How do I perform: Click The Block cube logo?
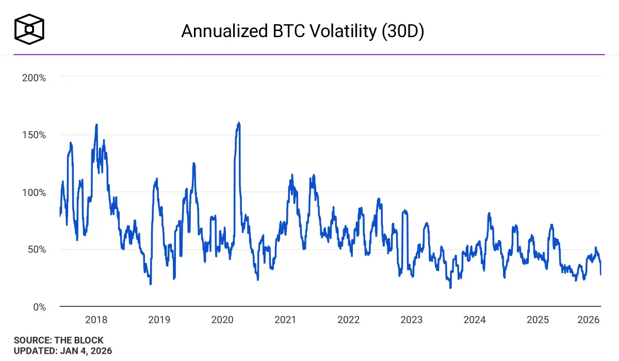point(29,28)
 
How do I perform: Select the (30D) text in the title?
point(402,31)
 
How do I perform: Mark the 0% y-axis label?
point(40,307)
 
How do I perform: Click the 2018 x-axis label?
point(96,320)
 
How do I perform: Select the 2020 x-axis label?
point(222,320)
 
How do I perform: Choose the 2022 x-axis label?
point(348,320)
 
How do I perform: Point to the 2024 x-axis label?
point(475,320)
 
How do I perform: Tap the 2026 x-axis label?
point(589,320)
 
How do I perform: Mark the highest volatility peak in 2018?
point(96,124)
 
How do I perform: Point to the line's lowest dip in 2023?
point(450,287)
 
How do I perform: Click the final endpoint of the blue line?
point(601,274)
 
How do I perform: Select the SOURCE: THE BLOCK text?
point(58,340)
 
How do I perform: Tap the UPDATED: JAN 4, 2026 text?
point(62,351)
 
